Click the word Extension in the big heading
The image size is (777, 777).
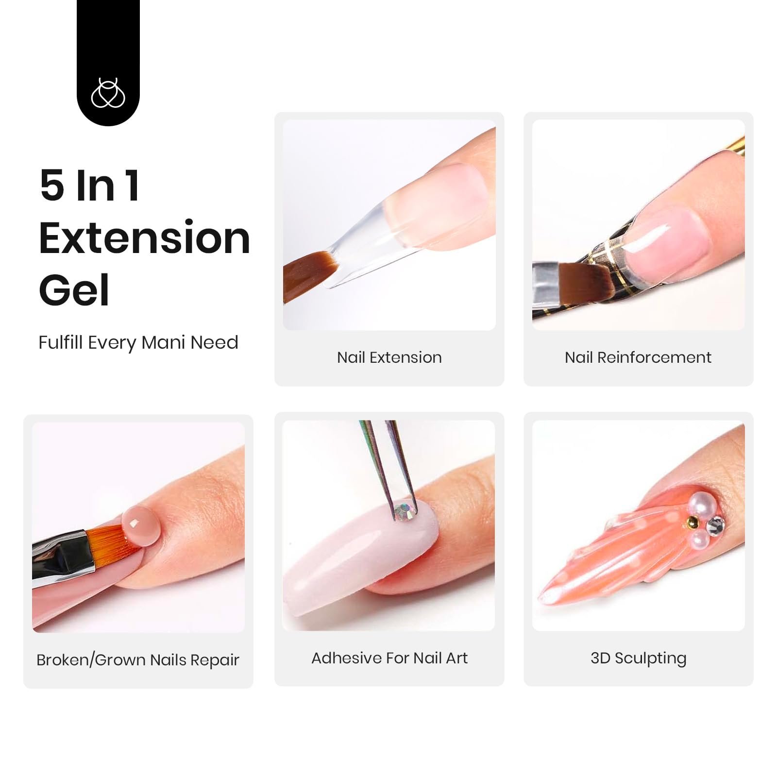click(144, 238)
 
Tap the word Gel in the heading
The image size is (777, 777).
click(74, 290)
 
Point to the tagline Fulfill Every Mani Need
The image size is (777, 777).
click(138, 342)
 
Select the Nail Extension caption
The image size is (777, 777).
click(389, 357)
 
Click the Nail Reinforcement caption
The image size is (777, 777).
click(638, 357)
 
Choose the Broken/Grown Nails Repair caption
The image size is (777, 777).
click(138, 659)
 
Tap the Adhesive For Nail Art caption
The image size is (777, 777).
click(389, 658)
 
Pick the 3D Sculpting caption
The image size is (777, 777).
click(639, 659)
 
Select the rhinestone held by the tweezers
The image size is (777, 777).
click(404, 511)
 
